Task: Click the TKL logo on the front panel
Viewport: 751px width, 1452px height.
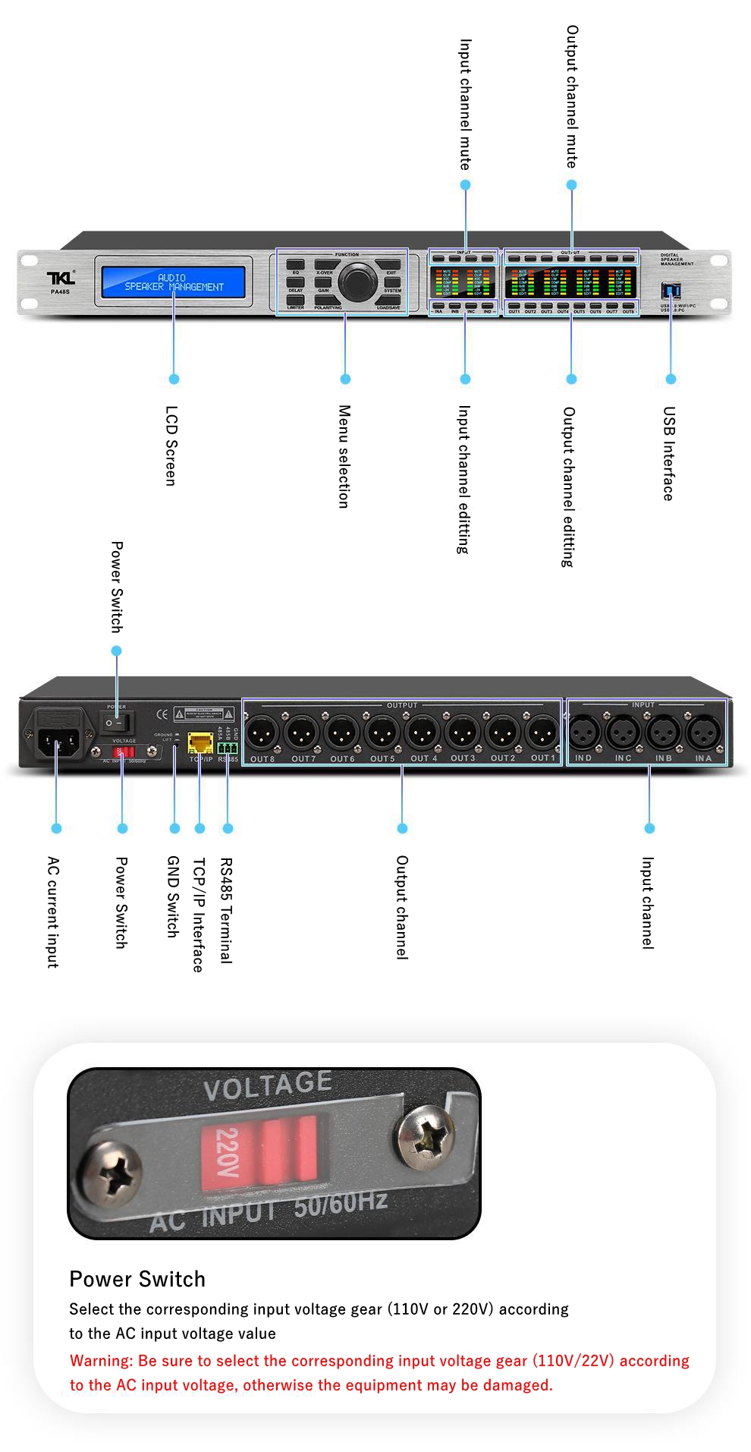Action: click(61, 278)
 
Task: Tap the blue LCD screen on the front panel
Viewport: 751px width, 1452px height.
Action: click(174, 282)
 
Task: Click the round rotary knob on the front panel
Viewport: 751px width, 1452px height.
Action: click(357, 282)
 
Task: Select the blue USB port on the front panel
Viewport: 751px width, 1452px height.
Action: click(671, 290)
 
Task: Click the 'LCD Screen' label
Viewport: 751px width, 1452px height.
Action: click(171, 446)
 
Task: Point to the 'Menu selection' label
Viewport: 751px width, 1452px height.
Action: click(344, 456)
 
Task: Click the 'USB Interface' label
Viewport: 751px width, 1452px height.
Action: click(668, 453)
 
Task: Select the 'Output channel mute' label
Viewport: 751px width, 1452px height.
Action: click(572, 96)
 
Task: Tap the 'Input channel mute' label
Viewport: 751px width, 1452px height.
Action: click(465, 105)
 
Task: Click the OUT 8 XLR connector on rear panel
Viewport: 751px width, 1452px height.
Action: click(262, 732)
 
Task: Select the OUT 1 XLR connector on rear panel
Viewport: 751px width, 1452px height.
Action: click(542, 732)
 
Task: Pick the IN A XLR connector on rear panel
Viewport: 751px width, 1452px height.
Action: click(703, 732)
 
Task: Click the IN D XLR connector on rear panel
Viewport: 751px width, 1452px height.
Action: click(583, 732)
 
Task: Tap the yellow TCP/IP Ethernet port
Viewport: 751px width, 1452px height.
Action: click(200, 742)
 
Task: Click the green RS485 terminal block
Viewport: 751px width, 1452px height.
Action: click(228, 747)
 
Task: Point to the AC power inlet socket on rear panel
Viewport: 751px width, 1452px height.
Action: click(57, 732)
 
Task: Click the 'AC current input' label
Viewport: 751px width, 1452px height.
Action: click(53, 912)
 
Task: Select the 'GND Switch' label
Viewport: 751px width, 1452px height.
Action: click(173, 896)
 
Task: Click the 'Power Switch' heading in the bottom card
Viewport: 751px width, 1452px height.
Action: click(137, 1279)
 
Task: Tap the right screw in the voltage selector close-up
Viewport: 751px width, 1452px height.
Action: click(427, 1136)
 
